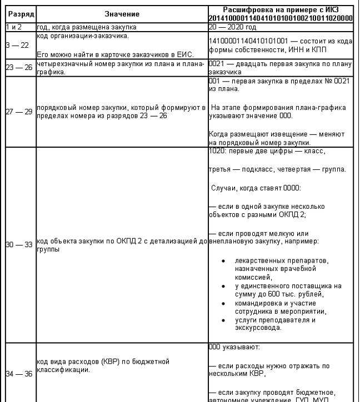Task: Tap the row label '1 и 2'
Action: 13,27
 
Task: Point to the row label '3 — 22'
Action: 17,45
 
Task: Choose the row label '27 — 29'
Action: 17,112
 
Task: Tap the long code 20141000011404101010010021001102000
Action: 281,18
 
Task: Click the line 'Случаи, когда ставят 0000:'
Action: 256,188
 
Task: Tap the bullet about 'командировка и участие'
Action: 279,307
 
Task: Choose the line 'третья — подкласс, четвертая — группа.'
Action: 277,169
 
